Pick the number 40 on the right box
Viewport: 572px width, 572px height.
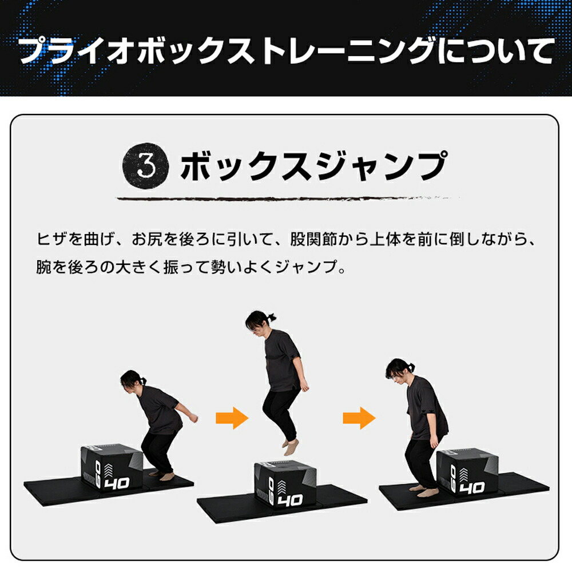pyautogui.click(x=472, y=487)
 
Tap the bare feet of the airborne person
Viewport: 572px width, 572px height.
pyautogui.click(x=288, y=444)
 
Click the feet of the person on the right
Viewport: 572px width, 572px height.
pyautogui.click(x=424, y=491)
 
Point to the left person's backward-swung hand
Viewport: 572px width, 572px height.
pyautogui.click(x=193, y=418)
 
